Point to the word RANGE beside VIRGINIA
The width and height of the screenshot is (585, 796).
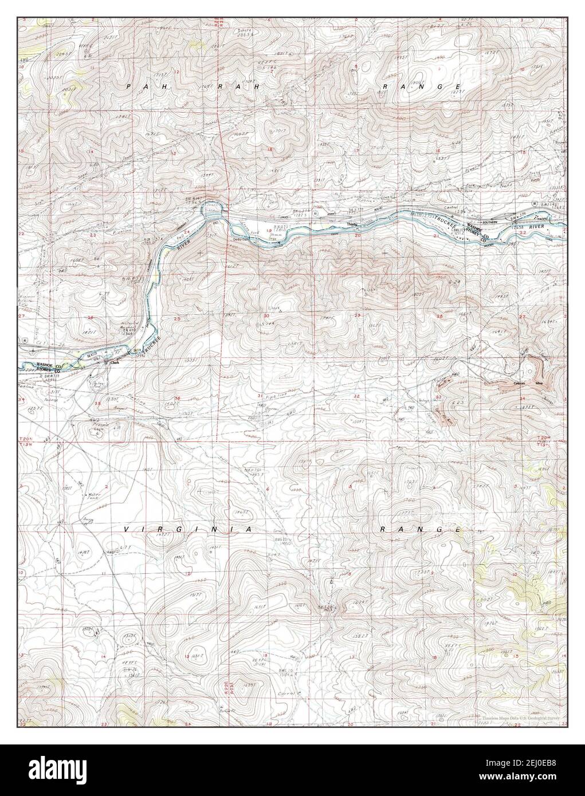point(421,530)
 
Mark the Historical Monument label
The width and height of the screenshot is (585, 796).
point(129,327)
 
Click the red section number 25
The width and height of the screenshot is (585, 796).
point(177,319)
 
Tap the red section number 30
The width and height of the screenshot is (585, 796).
point(266,316)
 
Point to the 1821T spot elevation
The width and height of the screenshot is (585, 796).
point(88,332)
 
